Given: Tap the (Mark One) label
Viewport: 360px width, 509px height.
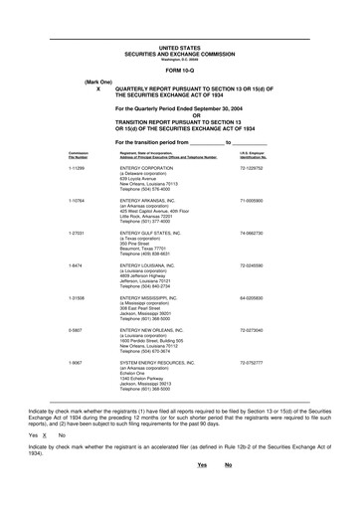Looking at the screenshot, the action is click(98, 82).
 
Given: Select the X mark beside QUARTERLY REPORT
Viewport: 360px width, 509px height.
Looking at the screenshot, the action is click(98, 88).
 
